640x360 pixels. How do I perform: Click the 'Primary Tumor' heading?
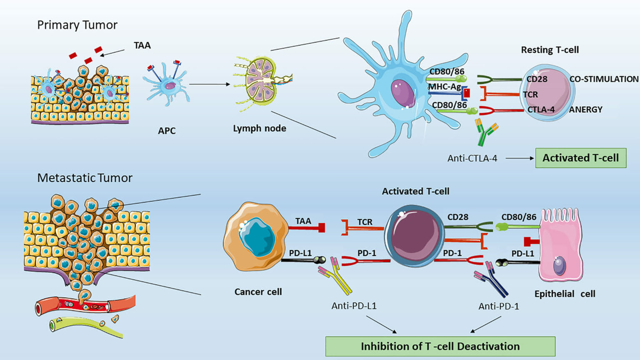coord(77,25)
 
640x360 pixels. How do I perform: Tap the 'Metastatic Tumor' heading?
coord(85,178)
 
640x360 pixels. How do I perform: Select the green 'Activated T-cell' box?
coord(580,158)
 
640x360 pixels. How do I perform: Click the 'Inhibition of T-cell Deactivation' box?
coord(440,346)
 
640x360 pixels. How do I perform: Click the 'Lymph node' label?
coord(259,128)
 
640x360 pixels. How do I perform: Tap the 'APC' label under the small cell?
coord(167,131)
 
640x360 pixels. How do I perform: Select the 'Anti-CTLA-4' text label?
coord(472,158)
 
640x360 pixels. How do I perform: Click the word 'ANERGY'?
coord(585,110)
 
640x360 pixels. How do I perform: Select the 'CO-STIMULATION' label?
coord(604,79)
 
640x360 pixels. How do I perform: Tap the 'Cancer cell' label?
coord(258,292)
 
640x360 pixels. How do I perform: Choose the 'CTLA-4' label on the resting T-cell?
coord(541,110)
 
